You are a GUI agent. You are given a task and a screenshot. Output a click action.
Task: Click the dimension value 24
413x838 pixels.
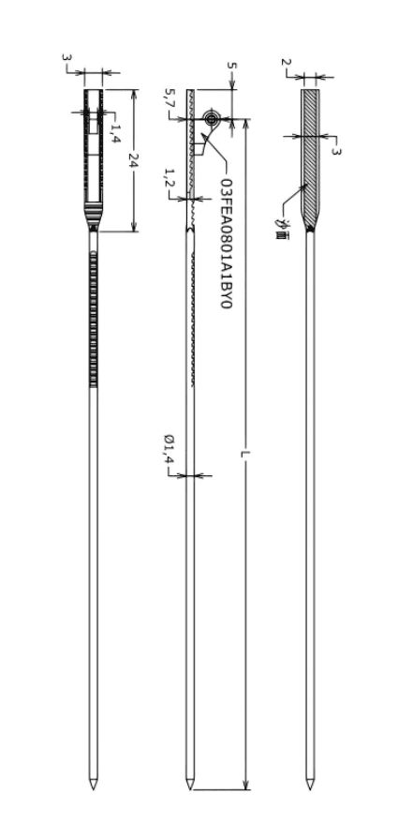click(134, 160)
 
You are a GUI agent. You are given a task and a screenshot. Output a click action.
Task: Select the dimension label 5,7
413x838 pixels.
click(170, 97)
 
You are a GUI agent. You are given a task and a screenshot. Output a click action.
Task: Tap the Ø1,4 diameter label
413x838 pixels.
click(169, 446)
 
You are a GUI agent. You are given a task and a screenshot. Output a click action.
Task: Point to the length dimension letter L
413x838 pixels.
click(245, 455)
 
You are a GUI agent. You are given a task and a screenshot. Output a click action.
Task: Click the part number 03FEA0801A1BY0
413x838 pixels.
click(226, 243)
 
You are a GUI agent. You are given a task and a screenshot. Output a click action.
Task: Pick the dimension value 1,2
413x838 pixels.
click(170, 178)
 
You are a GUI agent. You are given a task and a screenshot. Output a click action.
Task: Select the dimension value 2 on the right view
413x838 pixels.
click(286, 62)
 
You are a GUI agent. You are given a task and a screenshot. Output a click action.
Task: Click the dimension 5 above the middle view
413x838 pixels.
click(231, 66)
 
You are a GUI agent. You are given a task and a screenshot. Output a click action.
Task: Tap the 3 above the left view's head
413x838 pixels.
click(66, 57)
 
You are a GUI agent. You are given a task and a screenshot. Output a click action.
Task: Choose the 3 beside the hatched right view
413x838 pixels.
click(335, 151)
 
